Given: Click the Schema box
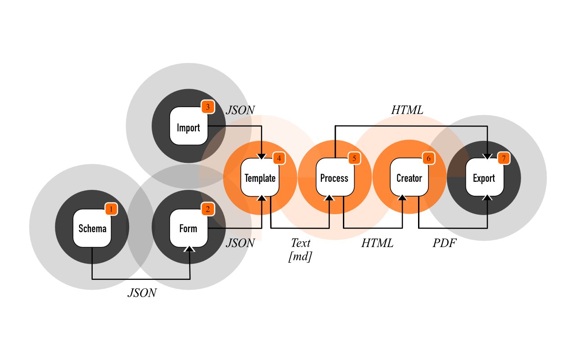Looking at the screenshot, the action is point(92,228).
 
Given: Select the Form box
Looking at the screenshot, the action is point(189,228).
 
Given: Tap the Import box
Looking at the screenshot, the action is point(189,126).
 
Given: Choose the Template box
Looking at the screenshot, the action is point(260,177).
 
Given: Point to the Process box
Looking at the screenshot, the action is point(335,177).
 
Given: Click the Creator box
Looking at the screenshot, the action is point(409,177).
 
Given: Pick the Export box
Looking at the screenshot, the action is point(485,177).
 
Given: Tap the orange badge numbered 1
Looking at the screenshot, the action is point(111,209).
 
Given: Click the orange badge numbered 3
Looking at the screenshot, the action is point(208,107).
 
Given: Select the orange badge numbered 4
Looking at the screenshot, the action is point(279,158).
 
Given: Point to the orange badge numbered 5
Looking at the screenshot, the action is point(354,158).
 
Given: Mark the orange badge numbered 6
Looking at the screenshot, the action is point(429,158).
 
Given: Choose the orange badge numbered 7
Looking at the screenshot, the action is point(504,158).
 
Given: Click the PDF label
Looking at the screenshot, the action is point(445,243).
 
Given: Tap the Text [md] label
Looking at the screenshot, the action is point(300,249).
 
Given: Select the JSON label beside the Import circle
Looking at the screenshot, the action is point(240,110).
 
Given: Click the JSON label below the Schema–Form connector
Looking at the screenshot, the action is point(142,293).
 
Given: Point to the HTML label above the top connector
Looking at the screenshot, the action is point(407,110).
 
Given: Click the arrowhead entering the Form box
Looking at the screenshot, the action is point(189,249).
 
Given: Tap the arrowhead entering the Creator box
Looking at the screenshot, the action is point(402,198).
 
